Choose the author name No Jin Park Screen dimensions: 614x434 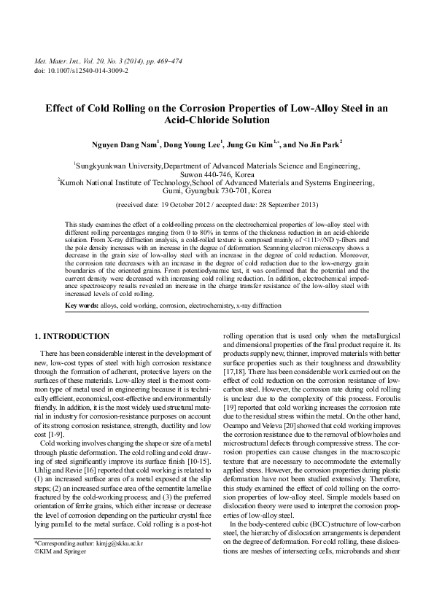pos(319,144)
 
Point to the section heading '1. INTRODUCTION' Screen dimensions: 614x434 pos(72,336)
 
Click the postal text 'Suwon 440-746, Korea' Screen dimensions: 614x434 pos(217,174)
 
